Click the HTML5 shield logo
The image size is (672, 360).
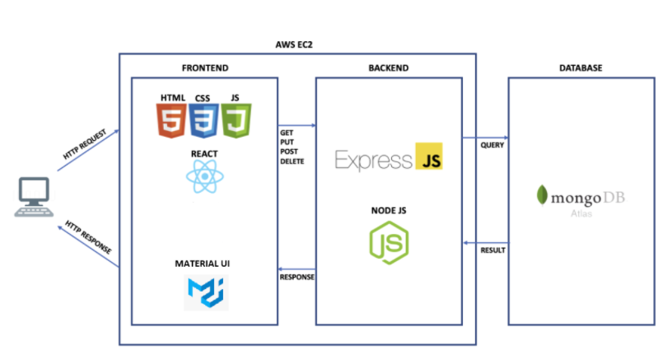coord(171,120)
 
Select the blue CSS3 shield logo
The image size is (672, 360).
coord(204,120)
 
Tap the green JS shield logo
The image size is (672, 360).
coord(236,120)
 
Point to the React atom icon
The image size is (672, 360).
coord(205,176)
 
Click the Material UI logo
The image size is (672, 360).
coord(206,292)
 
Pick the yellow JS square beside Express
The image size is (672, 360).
coord(429,156)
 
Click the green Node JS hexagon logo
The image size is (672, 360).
coord(389,242)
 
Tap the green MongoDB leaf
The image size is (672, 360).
coord(542,195)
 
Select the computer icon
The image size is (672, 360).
coord(34,197)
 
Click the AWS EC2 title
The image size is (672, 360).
coord(294,44)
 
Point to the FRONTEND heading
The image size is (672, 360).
coord(205,68)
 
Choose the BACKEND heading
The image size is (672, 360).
coord(388,68)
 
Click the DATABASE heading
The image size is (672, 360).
coord(581,68)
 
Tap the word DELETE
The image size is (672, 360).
coord(292,161)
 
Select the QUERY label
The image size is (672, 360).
coord(492,145)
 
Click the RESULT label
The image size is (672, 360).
coord(492,250)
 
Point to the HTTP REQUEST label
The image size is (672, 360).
coord(85,144)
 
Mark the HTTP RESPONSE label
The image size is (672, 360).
coord(88,237)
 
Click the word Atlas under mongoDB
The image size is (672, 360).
coord(581,213)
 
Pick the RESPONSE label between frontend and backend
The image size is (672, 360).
coord(297,278)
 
